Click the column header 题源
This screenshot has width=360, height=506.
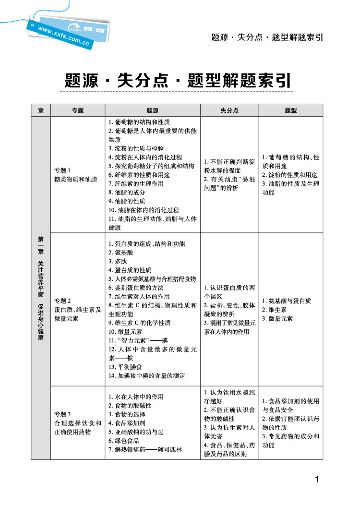tap(152, 110)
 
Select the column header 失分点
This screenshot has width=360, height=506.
tap(229, 110)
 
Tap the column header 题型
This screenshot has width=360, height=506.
tap(291, 110)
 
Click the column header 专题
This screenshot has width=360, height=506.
tap(78, 110)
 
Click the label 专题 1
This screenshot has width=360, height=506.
tap(63, 170)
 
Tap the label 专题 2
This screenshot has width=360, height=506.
tap(63, 301)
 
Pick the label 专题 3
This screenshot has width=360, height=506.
tap(63, 414)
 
